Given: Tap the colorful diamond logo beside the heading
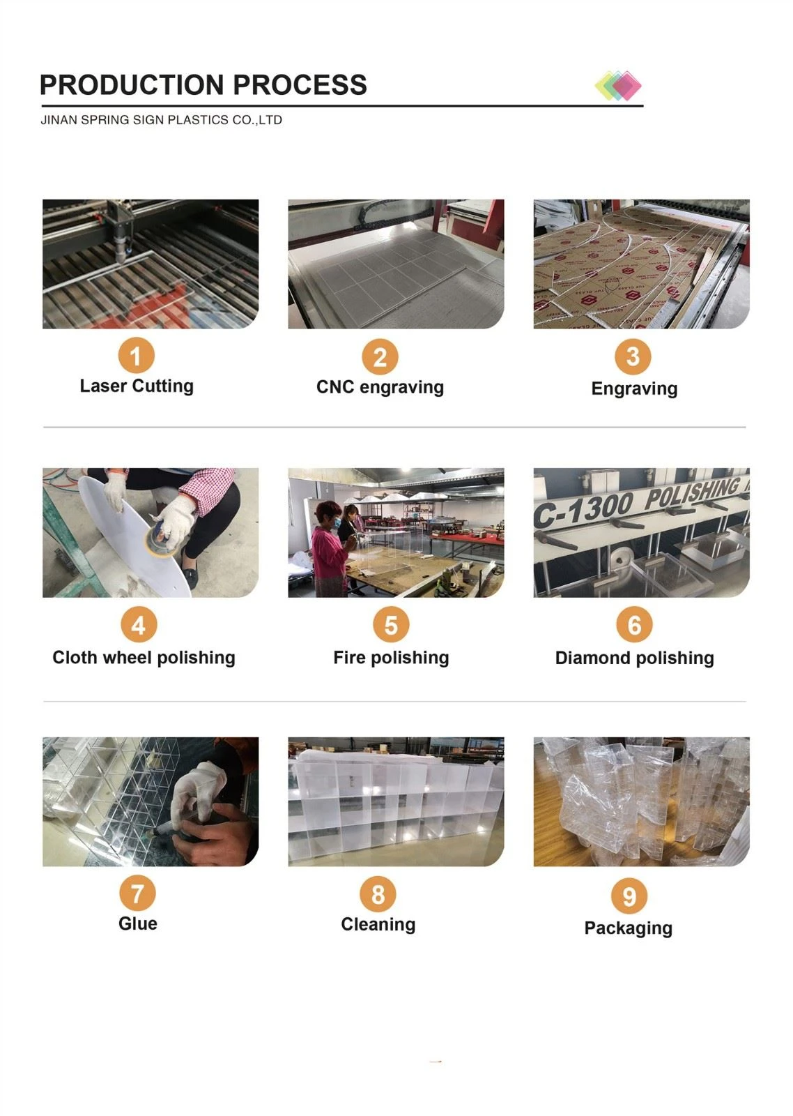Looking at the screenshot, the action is click(x=618, y=86).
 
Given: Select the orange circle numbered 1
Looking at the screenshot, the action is click(x=136, y=355).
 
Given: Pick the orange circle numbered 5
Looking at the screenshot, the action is click(x=391, y=625).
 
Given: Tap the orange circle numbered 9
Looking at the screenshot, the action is click(x=629, y=896).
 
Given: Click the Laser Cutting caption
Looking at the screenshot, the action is click(x=137, y=386).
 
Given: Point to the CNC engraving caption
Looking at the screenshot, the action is click(x=380, y=387).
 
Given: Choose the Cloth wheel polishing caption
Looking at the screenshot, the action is click(x=144, y=658).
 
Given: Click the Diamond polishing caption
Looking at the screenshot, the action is click(x=635, y=658).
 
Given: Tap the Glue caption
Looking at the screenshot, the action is click(x=138, y=923).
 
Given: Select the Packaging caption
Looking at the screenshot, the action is click(x=629, y=928).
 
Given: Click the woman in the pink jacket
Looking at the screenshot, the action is click(x=328, y=550).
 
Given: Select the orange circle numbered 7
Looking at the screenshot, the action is click(x=137, y=893).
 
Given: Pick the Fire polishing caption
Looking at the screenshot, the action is click(x=391, y=658).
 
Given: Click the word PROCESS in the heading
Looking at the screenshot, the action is click(x=300, y=84).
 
